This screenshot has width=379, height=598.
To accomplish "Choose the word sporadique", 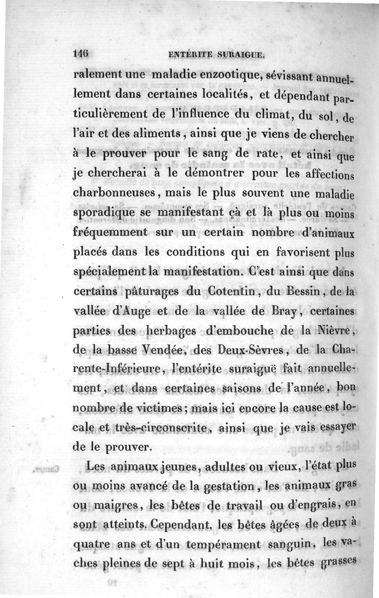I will pos(107,213).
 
